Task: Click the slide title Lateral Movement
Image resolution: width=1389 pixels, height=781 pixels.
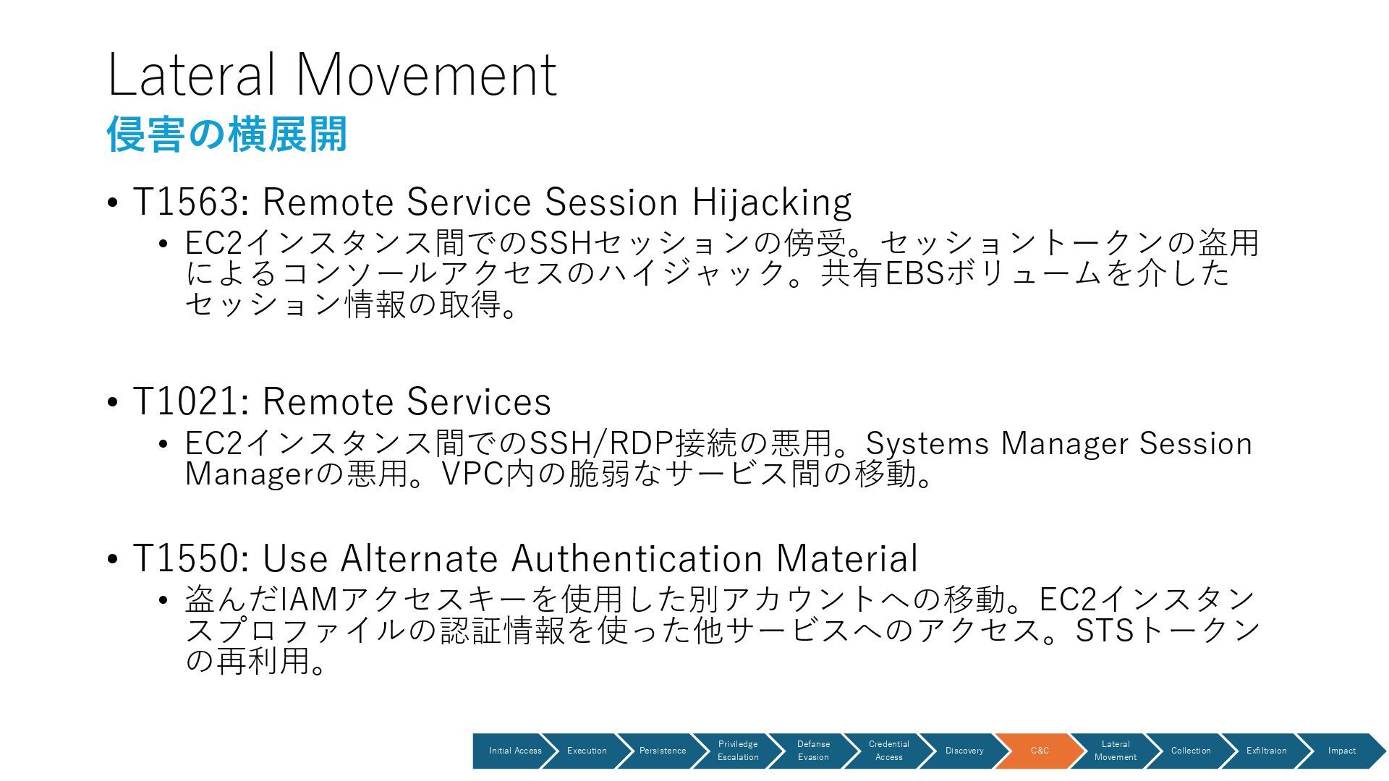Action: [331, 74]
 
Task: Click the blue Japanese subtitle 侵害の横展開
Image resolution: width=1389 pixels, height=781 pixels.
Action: [227, 135]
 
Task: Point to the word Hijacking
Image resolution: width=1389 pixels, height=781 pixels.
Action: [771, 202]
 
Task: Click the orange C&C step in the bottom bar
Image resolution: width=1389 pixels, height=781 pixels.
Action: [1040, 751]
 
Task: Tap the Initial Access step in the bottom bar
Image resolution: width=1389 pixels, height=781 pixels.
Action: [514, 751]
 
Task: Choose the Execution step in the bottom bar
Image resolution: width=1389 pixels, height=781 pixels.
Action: [587, 751]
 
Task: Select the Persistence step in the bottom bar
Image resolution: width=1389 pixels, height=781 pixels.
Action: [662, 751]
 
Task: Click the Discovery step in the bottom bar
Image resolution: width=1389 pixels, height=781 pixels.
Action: [964, 751]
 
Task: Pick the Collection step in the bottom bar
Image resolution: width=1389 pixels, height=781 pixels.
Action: [1190, 751]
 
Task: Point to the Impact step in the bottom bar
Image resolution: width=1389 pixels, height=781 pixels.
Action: [1341, 751]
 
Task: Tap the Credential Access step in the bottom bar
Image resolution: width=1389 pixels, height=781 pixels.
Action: [888, 751]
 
